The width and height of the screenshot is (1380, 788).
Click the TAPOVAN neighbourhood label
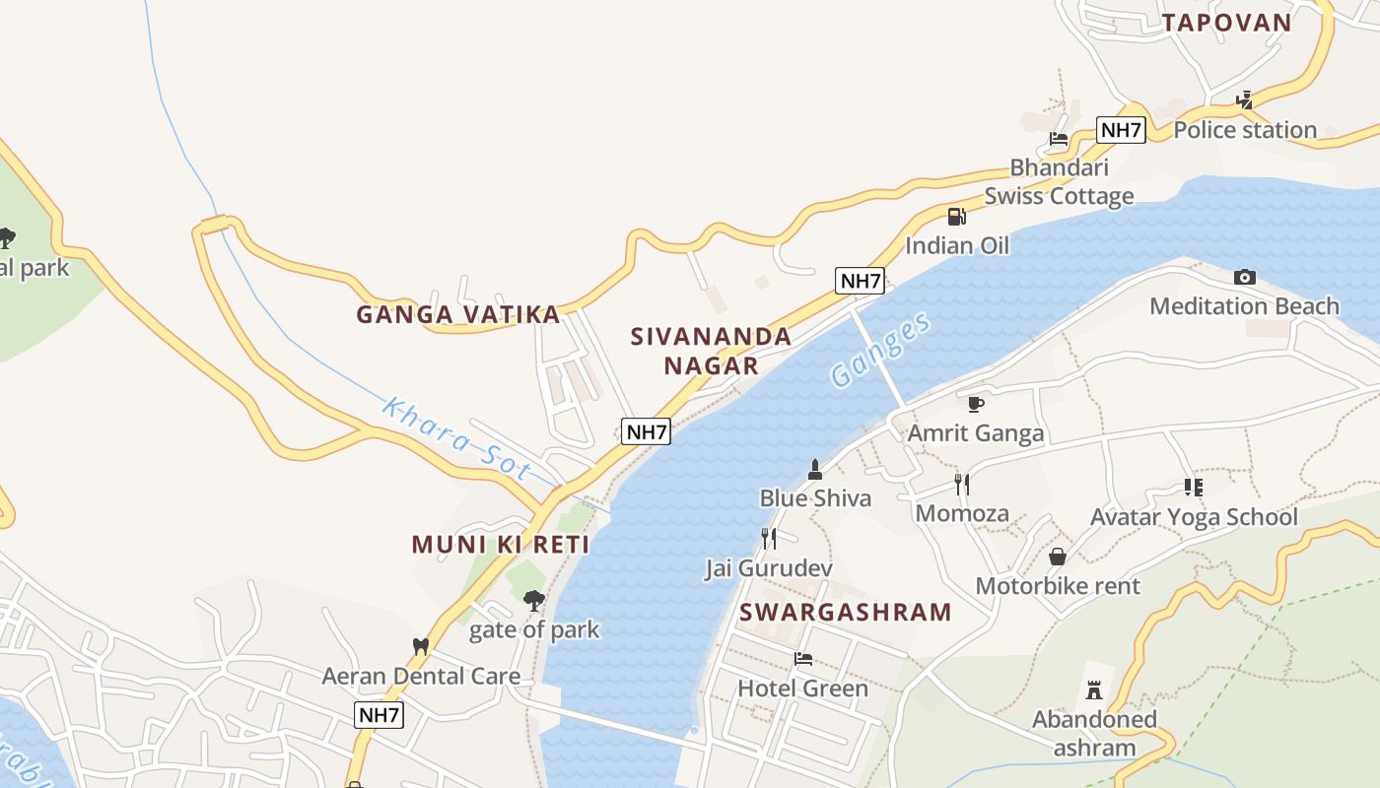[1226, 23]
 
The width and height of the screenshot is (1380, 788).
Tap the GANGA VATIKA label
[457, 314]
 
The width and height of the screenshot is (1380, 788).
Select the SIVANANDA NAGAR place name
[711, 351]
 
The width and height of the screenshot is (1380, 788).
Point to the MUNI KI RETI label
[500, 544]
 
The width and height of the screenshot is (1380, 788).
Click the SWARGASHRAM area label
[845, 612]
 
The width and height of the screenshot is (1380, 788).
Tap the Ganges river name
[879, 350]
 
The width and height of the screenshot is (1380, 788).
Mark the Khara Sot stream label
[456, 438]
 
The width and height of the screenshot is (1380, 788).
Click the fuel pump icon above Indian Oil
[956, 217]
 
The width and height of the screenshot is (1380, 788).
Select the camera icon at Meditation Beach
[1245, 278]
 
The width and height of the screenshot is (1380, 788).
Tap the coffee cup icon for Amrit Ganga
[975, 404]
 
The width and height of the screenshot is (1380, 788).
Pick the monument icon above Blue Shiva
[815, 470]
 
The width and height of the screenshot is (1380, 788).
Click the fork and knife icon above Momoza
[962, 485]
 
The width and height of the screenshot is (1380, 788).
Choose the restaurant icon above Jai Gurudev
[769, 539]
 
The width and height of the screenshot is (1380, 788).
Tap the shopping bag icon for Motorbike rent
[1058, 558]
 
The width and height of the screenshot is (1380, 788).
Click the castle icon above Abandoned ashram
[1093, 689]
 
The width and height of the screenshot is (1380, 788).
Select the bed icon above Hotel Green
[803, 659]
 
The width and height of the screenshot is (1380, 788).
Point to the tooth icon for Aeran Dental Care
[421, 647]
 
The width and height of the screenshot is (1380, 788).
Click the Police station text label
[1245, 129]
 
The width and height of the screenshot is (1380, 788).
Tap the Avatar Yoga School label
[1194, 516]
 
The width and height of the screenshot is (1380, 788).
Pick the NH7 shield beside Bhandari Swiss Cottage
[1121, 130]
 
